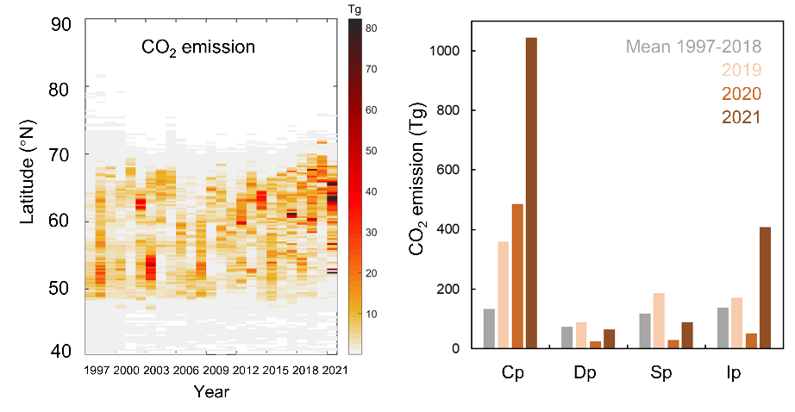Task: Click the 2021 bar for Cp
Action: (x=531, y=193)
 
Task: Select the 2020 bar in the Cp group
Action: (x=516, y=276)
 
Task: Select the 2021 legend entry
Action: (x=742, y=116)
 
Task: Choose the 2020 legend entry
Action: (x=742, y=93)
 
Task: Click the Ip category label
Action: (x=735, y=375)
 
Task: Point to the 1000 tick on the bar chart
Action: (x=454, y=51)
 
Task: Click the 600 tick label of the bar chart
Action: (x=459, y=170)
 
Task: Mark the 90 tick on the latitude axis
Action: (x=60, y=24)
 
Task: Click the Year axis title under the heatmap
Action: (x=211, y=391)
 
